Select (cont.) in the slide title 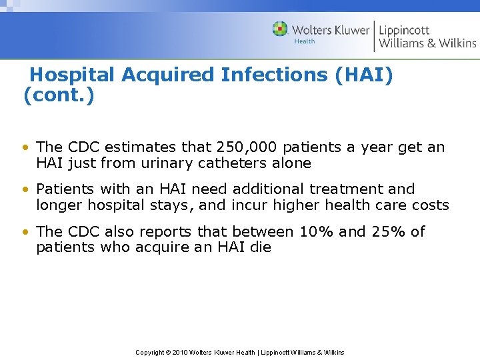(59, 96)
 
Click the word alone (293, 163)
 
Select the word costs (429, 205)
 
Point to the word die (260, 248)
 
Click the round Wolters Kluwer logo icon (280, 29)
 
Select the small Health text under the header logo (305, 41)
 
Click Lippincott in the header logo (404, 30)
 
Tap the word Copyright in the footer (150, 353)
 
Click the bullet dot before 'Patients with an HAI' (25, 190)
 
